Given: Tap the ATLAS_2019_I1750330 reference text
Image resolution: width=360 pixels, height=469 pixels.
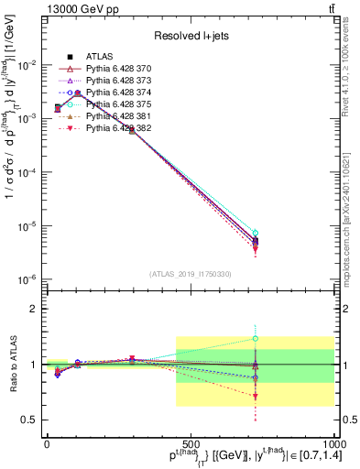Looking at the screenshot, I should [x=191, y=274].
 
